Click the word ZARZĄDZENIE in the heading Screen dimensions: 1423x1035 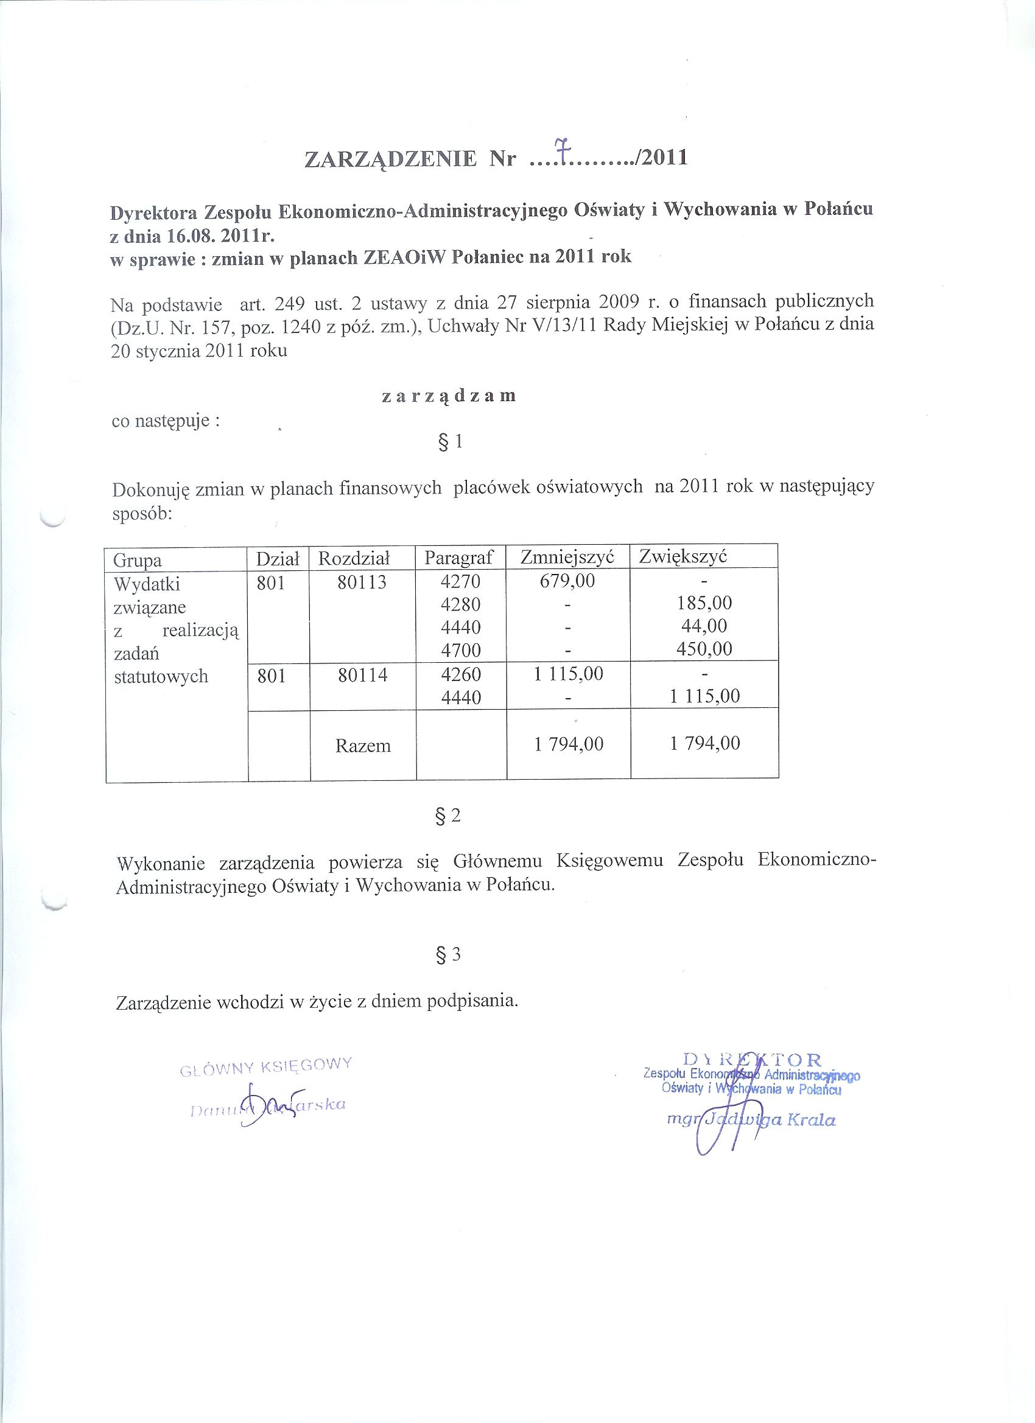(x=390, y=159)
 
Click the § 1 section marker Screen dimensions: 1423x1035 (x=448, y=442)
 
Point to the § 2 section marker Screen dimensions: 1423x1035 (x=447, y=815)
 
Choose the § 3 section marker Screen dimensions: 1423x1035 (x=447, y=954)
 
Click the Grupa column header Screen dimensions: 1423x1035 (x=138, y=560)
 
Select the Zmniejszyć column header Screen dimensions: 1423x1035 (x=567, y=556)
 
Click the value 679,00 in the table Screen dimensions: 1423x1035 (x=567, y=581)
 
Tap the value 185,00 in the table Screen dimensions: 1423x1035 (x=704, y=604)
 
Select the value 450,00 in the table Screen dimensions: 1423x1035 (x=704, y=649)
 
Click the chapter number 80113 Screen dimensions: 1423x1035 (x=362, y=583)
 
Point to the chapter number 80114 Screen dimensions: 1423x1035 (x=362, y=674)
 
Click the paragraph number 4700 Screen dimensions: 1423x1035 (x=461, y=649)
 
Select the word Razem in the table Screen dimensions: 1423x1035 (x=363, y=746)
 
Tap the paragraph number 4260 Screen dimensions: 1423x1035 (x=461, y=674)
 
